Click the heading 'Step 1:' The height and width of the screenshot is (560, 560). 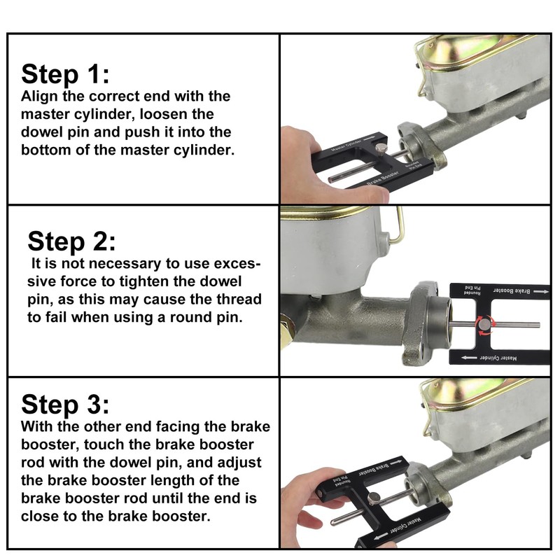click(65, 74)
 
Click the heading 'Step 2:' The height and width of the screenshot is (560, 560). click(72, 241)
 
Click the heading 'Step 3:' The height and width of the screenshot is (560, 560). click(65, 405)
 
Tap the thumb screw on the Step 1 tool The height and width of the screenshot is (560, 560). click(381, 148)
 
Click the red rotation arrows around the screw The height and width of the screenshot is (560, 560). click(484, 325)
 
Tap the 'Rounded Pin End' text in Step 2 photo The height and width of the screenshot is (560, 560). click(472, 290)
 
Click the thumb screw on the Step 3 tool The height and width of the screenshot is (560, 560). click(374, 498)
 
